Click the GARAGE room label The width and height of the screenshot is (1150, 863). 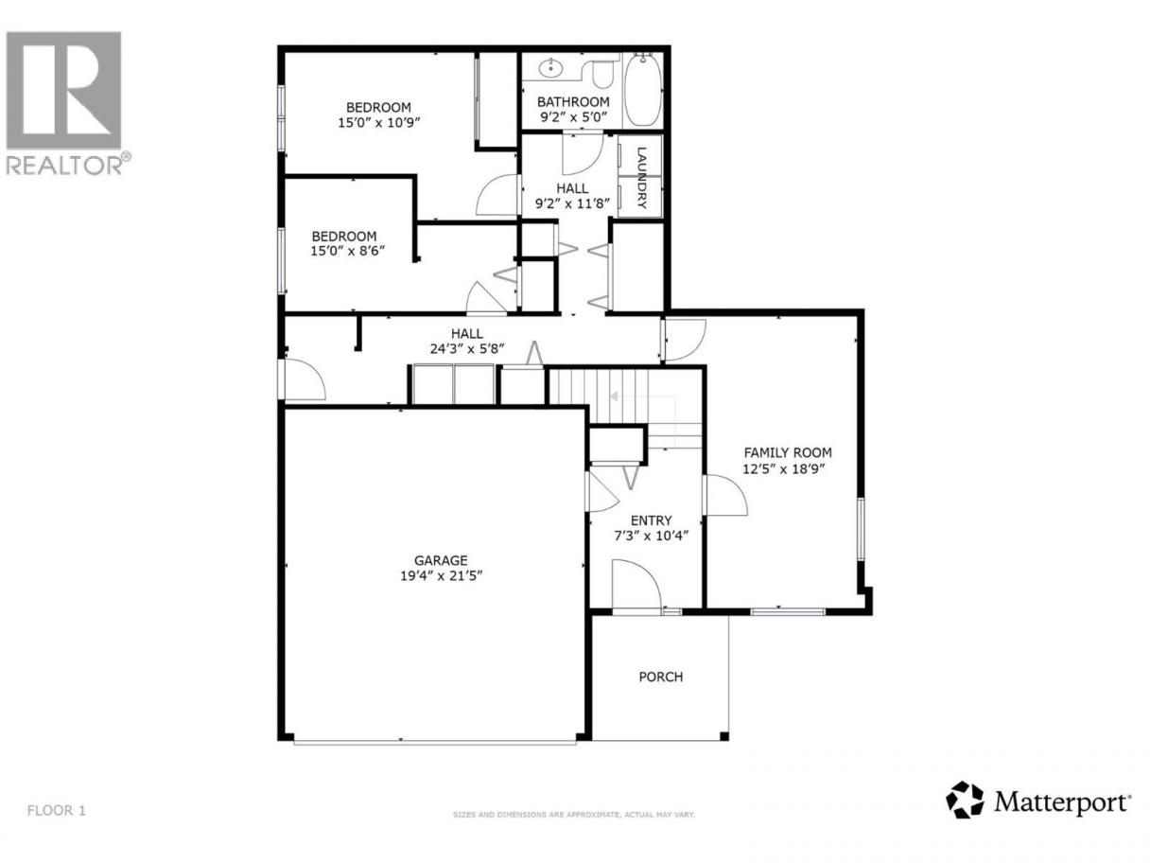(x=441, y=560)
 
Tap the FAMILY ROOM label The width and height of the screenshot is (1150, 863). (x=788, y=452)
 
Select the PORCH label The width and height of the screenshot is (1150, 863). (x=661, y=677)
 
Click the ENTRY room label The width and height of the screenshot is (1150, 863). (x=651, y=520)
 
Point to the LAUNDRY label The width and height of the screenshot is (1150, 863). (x=641, y=178)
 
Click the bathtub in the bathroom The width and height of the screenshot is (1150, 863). (x=643, y=90)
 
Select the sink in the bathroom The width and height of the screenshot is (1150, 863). (x=550, y=67)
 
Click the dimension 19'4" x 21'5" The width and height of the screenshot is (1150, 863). (x=441, y=576)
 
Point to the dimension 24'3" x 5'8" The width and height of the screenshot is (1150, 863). (x=467, y=348)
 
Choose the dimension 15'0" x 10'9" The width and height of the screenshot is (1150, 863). (x=379, y=123)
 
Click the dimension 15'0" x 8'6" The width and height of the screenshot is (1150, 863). (x=347, y=251)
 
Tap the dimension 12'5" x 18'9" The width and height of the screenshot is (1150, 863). (x=784, y=468)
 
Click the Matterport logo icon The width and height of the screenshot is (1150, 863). (x=965, y=815)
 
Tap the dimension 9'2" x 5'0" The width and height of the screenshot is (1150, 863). (x=573, y=116)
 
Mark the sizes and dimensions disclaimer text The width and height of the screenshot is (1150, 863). (x=573, y=830)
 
